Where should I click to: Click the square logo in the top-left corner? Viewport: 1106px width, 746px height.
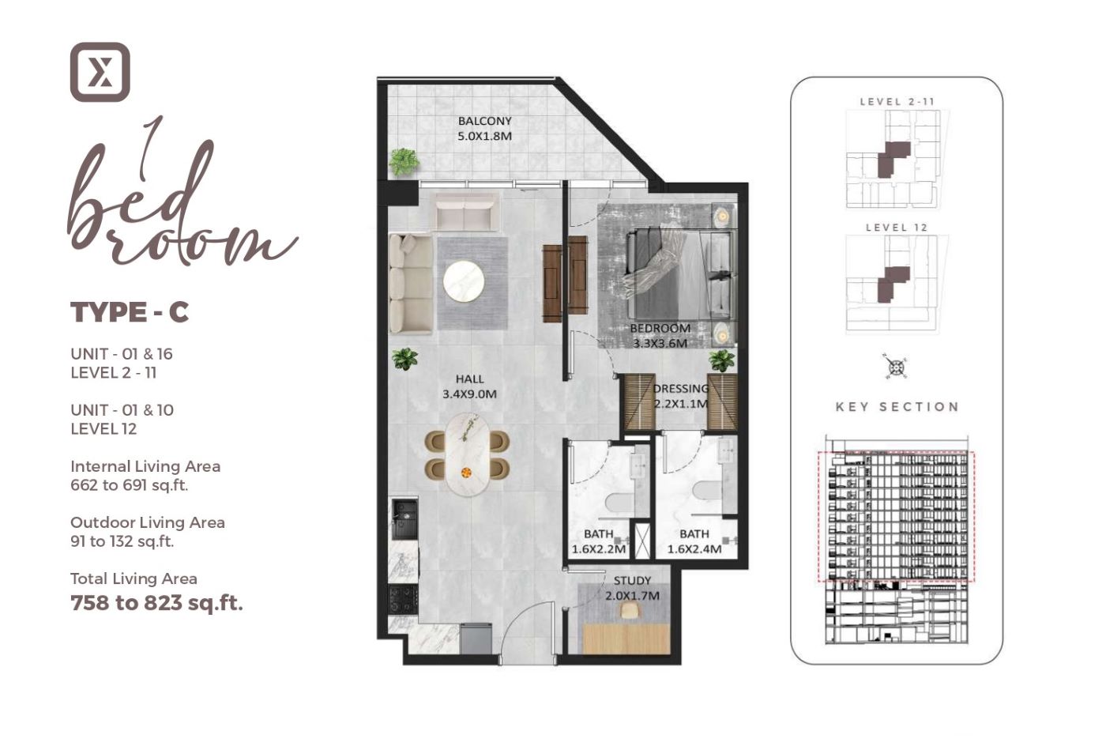point(100,72)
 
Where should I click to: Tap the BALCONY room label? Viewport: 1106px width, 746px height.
point(484,121)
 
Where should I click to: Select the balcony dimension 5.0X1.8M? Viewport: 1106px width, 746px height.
point(484,136)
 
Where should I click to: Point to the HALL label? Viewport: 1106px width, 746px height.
point(469,379)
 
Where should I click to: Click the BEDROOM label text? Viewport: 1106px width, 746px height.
point(660,328)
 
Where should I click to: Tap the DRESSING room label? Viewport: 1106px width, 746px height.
point(681,389)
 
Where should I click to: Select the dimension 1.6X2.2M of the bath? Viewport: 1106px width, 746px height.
point(599,549)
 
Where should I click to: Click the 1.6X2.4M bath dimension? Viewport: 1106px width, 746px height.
point(694,549)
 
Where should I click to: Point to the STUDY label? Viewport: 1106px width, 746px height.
point(632,581)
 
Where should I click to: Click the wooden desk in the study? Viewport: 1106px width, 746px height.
point(627,638)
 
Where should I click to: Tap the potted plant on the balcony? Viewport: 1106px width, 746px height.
point(404,162)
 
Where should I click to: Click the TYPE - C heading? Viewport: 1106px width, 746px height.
point(130,312)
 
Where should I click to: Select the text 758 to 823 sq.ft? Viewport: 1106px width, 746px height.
point(156,603)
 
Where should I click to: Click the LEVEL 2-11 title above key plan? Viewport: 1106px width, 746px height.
point(897,101)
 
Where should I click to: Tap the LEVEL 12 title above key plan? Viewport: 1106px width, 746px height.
point(897,228)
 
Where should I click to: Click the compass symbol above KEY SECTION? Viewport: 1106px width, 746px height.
point(896,367)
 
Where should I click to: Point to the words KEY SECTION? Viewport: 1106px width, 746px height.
point(897,407)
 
